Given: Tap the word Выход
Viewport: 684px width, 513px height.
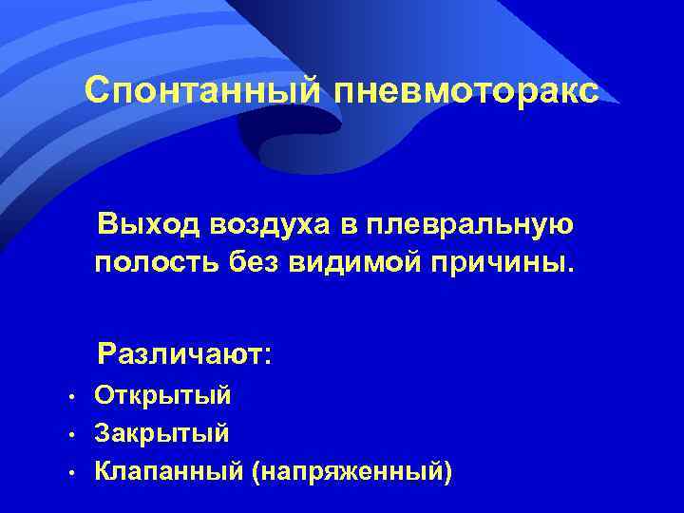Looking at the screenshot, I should pos(153,224).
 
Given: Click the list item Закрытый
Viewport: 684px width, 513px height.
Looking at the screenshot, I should pos(162,433).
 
